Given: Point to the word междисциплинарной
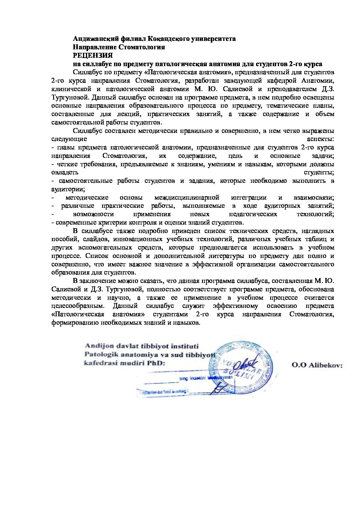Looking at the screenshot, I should pos(186,198).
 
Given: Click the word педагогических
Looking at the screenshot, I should pos(253,214).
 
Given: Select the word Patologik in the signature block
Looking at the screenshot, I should pos(98,354).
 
